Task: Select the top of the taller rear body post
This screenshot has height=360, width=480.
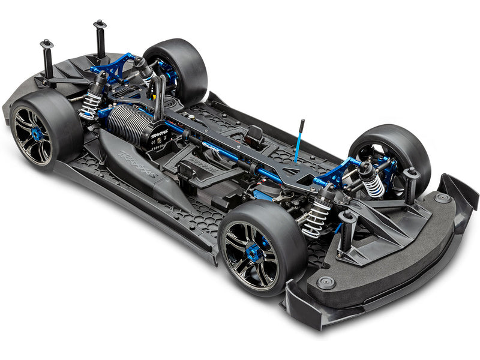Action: [x=99, y=25]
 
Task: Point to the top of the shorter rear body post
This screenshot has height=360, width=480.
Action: [x=47, y=44]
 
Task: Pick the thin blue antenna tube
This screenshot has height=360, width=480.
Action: [x=298, y=141]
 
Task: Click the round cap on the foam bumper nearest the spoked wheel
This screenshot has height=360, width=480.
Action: [x=326, y=283]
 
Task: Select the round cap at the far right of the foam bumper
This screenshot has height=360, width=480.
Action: [x=442, y=198]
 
